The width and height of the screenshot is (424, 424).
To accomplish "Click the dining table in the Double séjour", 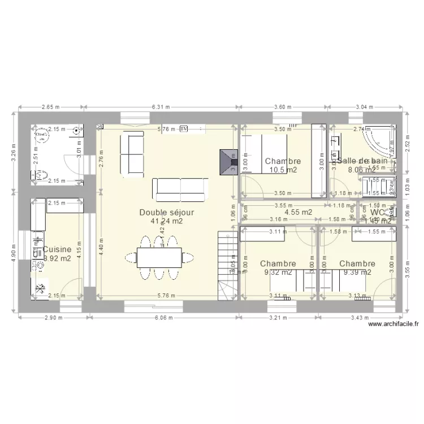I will tap(160, 257).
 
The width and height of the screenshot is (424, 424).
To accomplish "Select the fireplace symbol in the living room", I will tap(230, 161).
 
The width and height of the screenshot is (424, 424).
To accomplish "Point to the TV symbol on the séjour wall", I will tap(184, 129).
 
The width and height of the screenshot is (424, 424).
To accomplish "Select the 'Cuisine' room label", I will tap(57, 249).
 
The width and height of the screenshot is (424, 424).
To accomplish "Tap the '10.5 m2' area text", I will tap(283, 170).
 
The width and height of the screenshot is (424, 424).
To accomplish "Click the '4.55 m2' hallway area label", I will tap(298, 212).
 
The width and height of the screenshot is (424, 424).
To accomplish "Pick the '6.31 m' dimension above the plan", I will tap(162, 106).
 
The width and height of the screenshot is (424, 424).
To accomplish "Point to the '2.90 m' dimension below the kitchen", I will tap(53, 317).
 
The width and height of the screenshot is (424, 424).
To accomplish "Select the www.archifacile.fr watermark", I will tap(393, 325).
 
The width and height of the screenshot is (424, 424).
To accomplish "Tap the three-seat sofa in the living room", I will tap(181, 189).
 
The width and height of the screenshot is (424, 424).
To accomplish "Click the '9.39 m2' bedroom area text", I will tap(357, 272).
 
